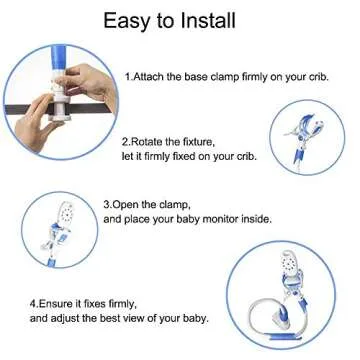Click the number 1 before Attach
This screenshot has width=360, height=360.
pos(128,76)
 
